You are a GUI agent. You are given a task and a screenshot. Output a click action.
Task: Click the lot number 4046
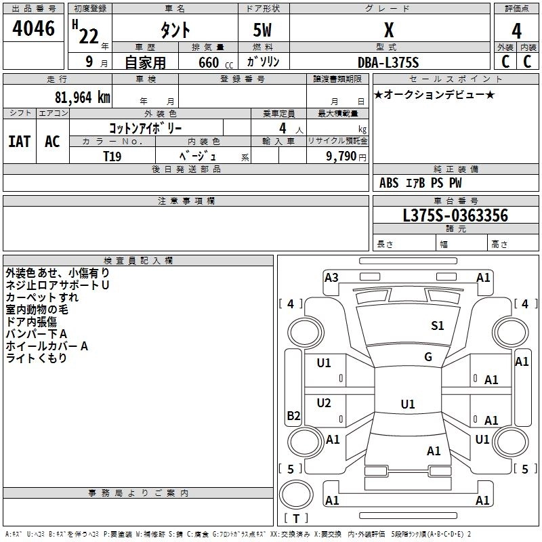coord(34,29)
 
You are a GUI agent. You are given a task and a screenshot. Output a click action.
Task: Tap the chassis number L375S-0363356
coord(455,215)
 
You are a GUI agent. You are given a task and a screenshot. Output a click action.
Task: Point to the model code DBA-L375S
coord(388,62)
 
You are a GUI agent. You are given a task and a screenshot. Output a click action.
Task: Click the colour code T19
coord(112,156)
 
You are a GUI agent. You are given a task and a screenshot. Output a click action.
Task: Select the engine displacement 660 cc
coord(204,62)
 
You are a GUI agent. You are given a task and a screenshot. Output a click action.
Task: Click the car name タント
coord(175,30)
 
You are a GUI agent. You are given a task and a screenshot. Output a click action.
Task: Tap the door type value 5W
coord(264,30)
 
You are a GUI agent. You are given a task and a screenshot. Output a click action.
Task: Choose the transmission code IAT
coord(19,141)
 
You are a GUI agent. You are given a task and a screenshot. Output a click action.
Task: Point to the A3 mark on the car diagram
coord(331,277)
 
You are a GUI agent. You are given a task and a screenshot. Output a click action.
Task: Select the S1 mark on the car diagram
coord(438,326)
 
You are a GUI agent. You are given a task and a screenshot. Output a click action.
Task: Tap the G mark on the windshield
coord(428,357)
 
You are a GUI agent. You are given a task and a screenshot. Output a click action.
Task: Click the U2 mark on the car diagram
coord(324,403)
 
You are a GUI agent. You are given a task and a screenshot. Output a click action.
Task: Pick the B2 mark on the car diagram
coord(293,416)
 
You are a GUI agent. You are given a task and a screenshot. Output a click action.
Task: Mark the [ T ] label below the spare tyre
coord(295,518)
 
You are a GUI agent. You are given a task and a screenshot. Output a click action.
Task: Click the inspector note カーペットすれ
coord(42,297)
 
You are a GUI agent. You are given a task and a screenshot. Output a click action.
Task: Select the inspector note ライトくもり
coord(37,358)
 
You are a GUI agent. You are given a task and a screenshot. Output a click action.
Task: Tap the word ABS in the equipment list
coord(389,183)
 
